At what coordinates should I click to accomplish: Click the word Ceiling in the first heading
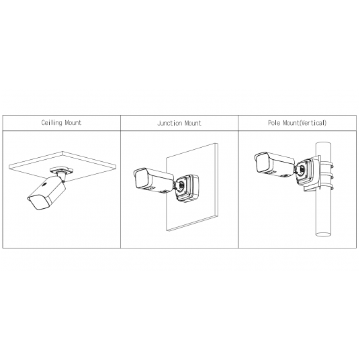[52, 123]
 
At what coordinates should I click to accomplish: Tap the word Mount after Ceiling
[73, 123]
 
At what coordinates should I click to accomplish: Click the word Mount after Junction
[193, 124]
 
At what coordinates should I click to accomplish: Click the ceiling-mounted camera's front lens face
[38, 203]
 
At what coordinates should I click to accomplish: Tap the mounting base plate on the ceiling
[62, 171]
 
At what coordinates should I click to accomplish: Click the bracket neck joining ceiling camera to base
[62, 177]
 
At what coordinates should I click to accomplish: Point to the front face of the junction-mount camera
[142, 179]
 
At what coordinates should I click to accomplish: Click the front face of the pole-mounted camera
[263, 163]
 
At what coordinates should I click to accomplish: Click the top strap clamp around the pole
[326, 164]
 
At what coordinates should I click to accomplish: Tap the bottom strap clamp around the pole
[326, 187]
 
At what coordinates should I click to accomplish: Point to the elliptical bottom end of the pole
[324, 234]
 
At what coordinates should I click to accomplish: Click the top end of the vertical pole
[324, 144]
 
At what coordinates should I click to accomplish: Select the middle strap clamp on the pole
[326, 176]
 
